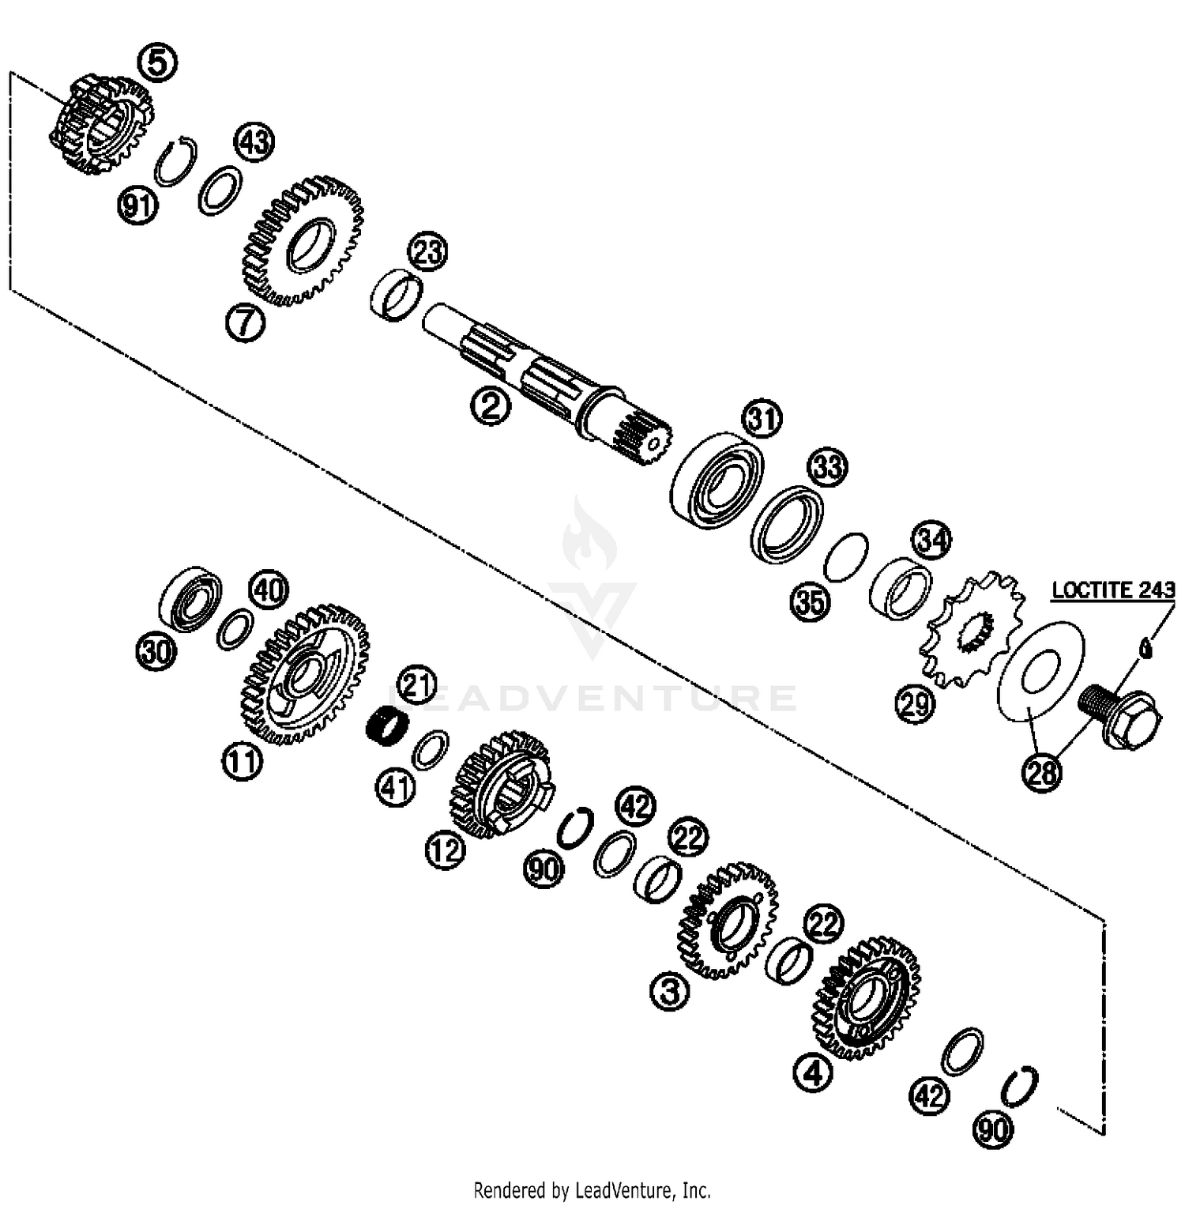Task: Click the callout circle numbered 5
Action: coord(158,62)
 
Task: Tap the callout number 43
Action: coord(254,142)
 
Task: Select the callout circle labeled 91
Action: coord(137,206)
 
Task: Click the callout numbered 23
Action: coord(427,253)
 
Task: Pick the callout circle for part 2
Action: coord(491,406)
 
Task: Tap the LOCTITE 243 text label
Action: coord(1113,590)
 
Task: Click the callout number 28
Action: coord(1042,771)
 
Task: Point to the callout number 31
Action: coord(762,418)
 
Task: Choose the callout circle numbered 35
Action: coord(811,602)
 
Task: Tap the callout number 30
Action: coord(156,653)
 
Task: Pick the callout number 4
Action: coord(814,1072)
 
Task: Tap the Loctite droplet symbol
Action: coord(1146,648)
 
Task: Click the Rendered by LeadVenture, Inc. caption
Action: coord(592,1189)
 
